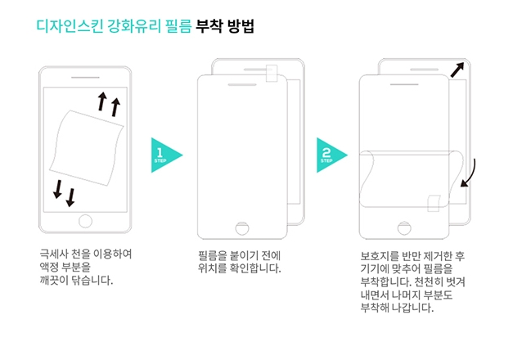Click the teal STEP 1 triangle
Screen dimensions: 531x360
tap(164, 155)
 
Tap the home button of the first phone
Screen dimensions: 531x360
tap(85, 221)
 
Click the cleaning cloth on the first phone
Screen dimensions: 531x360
tap(87, 147)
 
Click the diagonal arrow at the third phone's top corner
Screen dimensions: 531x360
tap(457, 70)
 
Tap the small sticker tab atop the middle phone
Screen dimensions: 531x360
tap(272, 73)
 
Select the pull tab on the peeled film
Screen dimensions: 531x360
tap(434, 203)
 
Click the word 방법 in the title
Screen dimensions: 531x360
tap(241, 26)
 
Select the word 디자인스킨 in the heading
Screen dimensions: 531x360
tap(70, 26)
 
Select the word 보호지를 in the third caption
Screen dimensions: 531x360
tap(380, 256)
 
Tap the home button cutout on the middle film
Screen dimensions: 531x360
tap(242, 228)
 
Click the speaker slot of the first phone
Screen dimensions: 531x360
tap(85, 78)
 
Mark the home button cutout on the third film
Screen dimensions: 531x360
tap(404, 228)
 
